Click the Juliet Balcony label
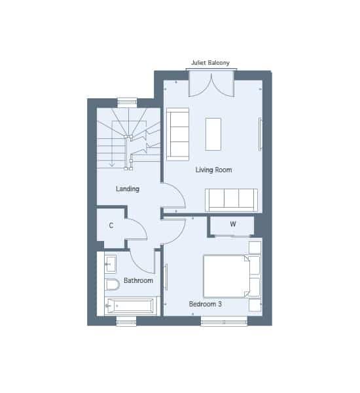point(210,63)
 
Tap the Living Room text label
point(213,170)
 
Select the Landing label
point(128,189)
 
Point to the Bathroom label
point(138,280)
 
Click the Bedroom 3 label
point(205,304)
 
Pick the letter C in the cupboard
point(111,225)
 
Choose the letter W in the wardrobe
point(233,224)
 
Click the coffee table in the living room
point(213,134)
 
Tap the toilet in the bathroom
point(112,284)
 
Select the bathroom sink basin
point(111,264)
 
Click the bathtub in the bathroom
point(130,306)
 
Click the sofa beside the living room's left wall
point(177,134)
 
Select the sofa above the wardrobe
point(231,200)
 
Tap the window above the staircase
point(127,103)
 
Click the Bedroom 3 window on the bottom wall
point(224,321)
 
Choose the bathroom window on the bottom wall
point(126,321)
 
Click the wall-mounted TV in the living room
point(260,134)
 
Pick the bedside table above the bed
point(255,248)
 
